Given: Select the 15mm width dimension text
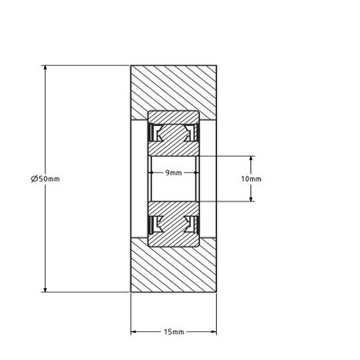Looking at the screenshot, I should (x=175, y=332).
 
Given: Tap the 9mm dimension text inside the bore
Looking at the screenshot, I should (x=174, y=172).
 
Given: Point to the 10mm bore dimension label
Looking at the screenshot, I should (x=252, y=179).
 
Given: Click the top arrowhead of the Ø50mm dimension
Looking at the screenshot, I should (x=45, y=69).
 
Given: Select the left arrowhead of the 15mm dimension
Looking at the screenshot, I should (x=136, y=332).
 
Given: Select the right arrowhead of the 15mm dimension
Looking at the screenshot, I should (x=212, y=332).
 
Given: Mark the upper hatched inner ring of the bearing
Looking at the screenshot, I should (x=174, y=148).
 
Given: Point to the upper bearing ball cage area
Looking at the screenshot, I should (x=174, y=133).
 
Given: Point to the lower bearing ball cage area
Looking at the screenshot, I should (x=174, y=223).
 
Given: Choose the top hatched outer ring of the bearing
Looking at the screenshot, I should (x=174, y=116).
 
